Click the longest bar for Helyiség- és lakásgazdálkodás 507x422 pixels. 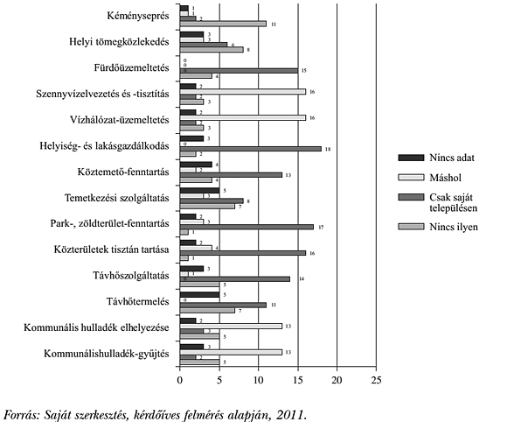pos(250,149)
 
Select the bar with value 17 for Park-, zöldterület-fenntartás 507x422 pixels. pos(247,227)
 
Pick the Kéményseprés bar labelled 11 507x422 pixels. pos(223,24)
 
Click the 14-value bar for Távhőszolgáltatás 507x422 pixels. pos(234,278)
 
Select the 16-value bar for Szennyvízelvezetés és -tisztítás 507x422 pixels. pos(242,91)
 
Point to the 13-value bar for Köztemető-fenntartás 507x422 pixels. pos(231,174)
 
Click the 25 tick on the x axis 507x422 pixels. pos(376,381)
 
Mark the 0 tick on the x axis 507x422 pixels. pos(180,381)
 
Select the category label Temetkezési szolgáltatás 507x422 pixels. pos(115,197)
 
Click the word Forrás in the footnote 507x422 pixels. pos(24,411)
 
